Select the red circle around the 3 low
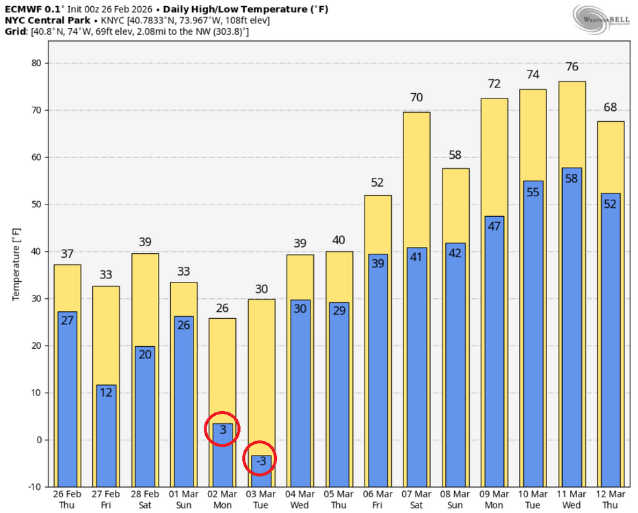222,429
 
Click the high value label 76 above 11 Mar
572,67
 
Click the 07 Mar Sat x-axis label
416,499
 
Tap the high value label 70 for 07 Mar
416,97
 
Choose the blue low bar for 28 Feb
145,417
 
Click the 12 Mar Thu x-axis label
611,499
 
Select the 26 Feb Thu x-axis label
67,499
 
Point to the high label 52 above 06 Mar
377,183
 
